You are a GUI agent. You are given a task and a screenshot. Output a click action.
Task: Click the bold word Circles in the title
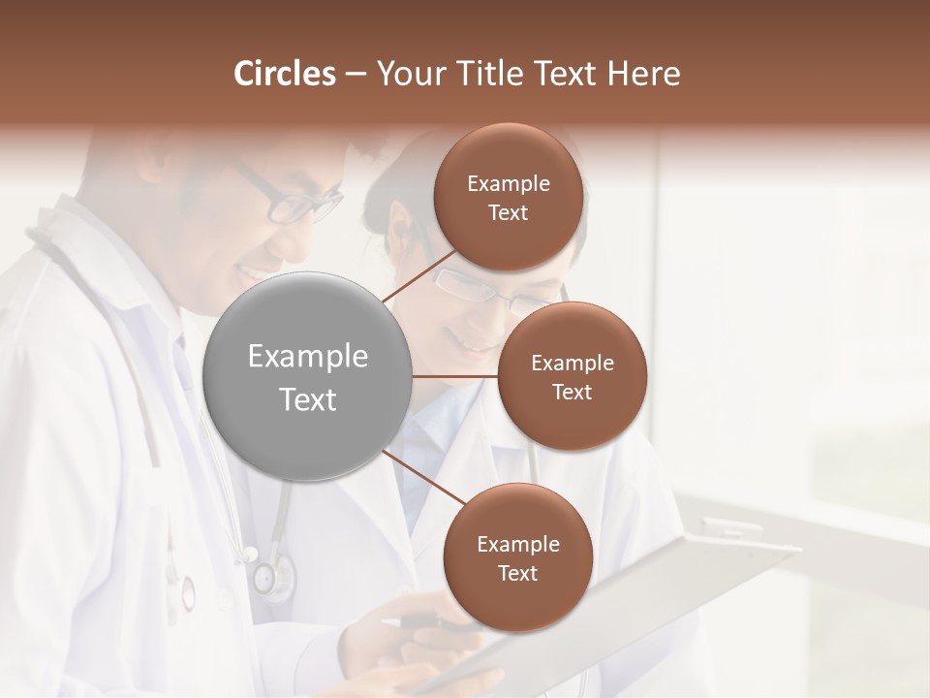pyautogui.click(x=285, y=74)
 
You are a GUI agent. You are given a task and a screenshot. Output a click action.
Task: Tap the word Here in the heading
pyautogui.click(x=643, y=74)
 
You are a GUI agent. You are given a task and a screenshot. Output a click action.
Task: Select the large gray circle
pyautogui.click(x=308, y=376)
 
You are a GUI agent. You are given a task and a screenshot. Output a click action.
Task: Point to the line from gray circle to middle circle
pyautogui.click(x=455, y=376)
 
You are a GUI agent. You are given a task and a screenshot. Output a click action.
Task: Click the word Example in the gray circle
pyautogui.click(x=308, y=357)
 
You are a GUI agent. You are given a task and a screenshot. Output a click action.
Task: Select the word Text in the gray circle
pyautogui.click(x=308, y=399)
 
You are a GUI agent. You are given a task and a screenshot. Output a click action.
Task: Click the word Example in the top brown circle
pyautogui.click(x=509, y=184)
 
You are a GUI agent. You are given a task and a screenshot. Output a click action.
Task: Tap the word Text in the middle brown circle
pyautogui.click(x=573, y=393)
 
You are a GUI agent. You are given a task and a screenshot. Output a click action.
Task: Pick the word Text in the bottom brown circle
pyautogui.click(x=517, y=574)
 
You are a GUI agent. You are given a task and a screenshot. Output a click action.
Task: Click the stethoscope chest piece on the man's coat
pyautogui.click(x=271, y=576)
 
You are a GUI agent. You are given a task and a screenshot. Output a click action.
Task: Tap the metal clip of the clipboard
pyautogui.click(x=731, y=529)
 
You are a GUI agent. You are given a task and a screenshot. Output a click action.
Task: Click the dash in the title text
pyautogui.click(x=356, y=75)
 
